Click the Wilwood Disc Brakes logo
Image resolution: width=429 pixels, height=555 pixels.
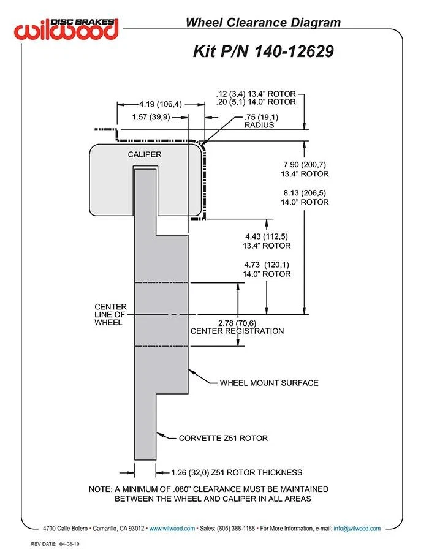[x=66, y=29]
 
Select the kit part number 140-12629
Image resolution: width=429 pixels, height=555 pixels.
[x=294, y=51]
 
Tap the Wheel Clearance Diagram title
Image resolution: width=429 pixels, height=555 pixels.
[x=263, y=23]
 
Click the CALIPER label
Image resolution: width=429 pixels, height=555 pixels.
[x=145, y=154]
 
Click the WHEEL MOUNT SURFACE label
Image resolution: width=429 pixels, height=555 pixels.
[x=269, y=383]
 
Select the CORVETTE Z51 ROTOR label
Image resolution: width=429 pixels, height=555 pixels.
[x=223, y=438]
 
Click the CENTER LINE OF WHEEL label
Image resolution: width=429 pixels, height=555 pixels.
[x=110, y=314]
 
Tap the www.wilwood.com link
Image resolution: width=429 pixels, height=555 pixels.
[x=172, y=529]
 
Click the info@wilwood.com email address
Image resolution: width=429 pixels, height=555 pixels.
[x=357, y=529]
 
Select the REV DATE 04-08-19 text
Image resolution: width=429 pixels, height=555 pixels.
[x=55, y=544]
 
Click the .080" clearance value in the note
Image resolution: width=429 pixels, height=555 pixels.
[x=182, y=489]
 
